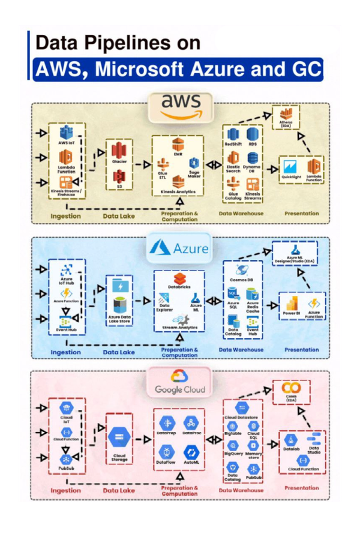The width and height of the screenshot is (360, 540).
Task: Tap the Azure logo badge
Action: click(x=179, y=248)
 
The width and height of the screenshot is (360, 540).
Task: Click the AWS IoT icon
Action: click(x=66, y=133)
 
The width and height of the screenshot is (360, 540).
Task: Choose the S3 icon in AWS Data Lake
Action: click(x=119, y=176)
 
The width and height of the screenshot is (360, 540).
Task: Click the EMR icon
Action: click(x=177, y=144)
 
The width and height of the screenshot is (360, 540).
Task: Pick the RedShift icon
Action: click(x=233, y=133)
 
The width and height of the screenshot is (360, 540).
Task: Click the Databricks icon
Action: click(x=182, y=278)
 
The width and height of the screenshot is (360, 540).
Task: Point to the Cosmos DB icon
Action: click(x=242, y=270)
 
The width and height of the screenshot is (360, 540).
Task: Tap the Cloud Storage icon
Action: click(x=119, y=440)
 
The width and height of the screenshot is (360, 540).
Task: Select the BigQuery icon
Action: click(x=233, y=445)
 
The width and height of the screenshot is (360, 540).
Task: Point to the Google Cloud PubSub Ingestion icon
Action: click(x=67, y=460)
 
